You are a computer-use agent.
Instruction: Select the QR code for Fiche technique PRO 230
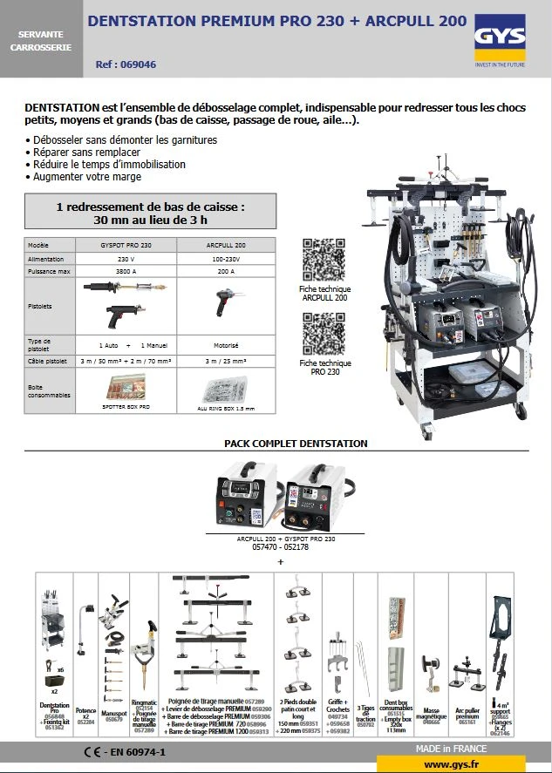tap(324, 332)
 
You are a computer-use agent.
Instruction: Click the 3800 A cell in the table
tap(127, 271)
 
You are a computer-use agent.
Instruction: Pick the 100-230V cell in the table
tap(227, 259)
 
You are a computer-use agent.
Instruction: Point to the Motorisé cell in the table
tap(227, 344)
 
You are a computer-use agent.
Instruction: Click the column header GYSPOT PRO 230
tap(127, 246)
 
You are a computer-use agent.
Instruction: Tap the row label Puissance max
tap(46, 271)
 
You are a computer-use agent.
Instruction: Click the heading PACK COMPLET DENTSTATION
tap(296, 444)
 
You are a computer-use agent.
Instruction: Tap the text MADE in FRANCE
tap(451, 749)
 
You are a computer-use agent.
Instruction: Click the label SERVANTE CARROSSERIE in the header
tap(41, 39)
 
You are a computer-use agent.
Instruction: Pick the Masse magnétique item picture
tap(430, 671)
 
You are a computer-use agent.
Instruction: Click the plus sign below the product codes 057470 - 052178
tap(281, 563)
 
